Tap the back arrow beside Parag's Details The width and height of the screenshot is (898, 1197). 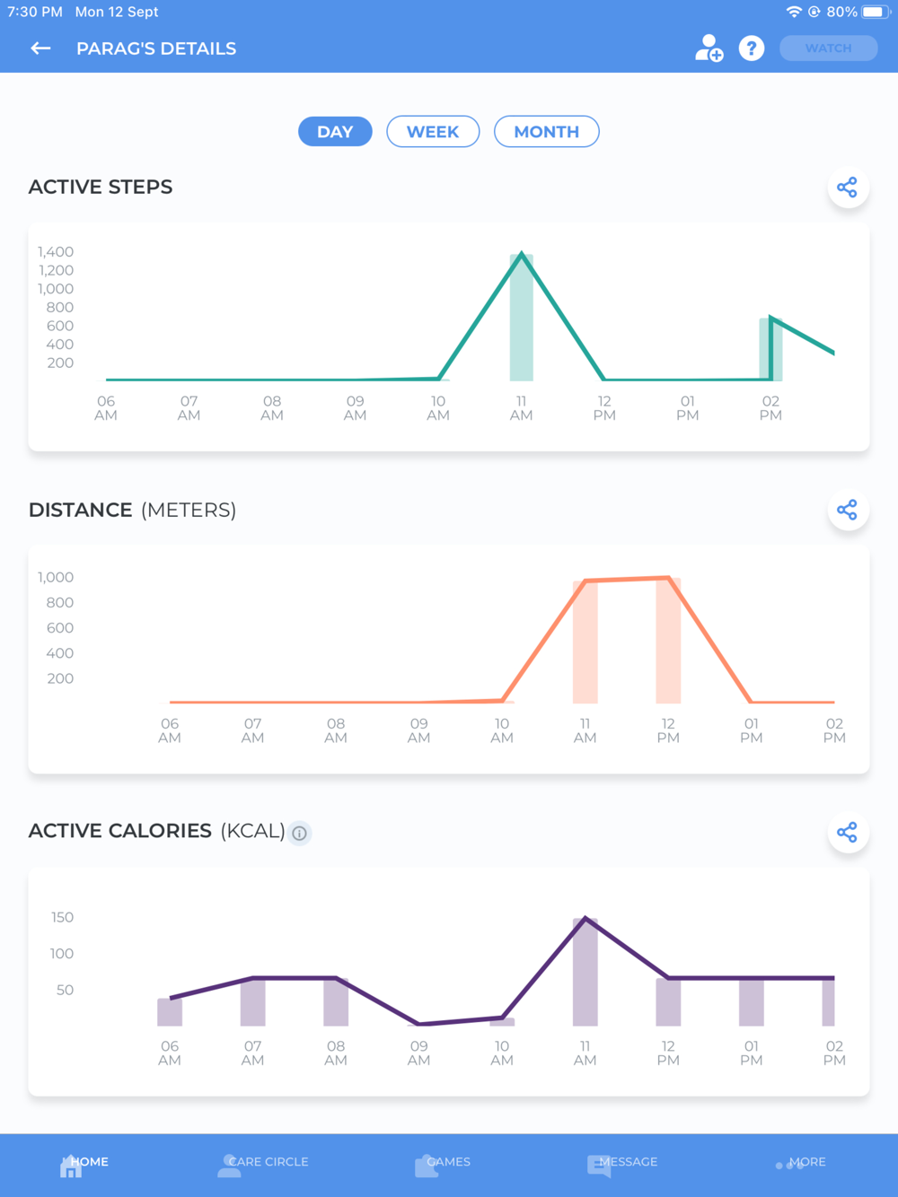tap(40, 48)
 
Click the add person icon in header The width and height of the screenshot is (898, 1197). tap(709, 48)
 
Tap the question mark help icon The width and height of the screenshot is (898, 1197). tap(752, 48)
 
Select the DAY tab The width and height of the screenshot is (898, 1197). tap(335, 132)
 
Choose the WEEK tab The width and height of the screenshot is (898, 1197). tap(433, 132)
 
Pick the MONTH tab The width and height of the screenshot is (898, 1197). tap(546, 132)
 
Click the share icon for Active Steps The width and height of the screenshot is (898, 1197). tap(847, 188)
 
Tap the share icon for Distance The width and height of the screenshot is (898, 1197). tap(847, 511)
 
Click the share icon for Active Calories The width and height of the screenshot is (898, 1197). tap(847, 833)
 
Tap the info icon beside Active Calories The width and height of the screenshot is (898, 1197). tap(300, 834)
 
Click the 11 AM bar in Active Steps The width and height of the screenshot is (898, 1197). tap(522, 319)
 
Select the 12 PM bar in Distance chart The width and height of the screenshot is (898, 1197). tap(668, 641)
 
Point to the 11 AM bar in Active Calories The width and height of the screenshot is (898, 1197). tap(585, 973)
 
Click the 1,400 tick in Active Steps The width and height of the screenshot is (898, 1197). tap(56, 252)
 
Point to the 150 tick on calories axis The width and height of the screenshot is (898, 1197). tap(63, 917)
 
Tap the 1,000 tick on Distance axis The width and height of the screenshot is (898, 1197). tap(56, 577)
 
